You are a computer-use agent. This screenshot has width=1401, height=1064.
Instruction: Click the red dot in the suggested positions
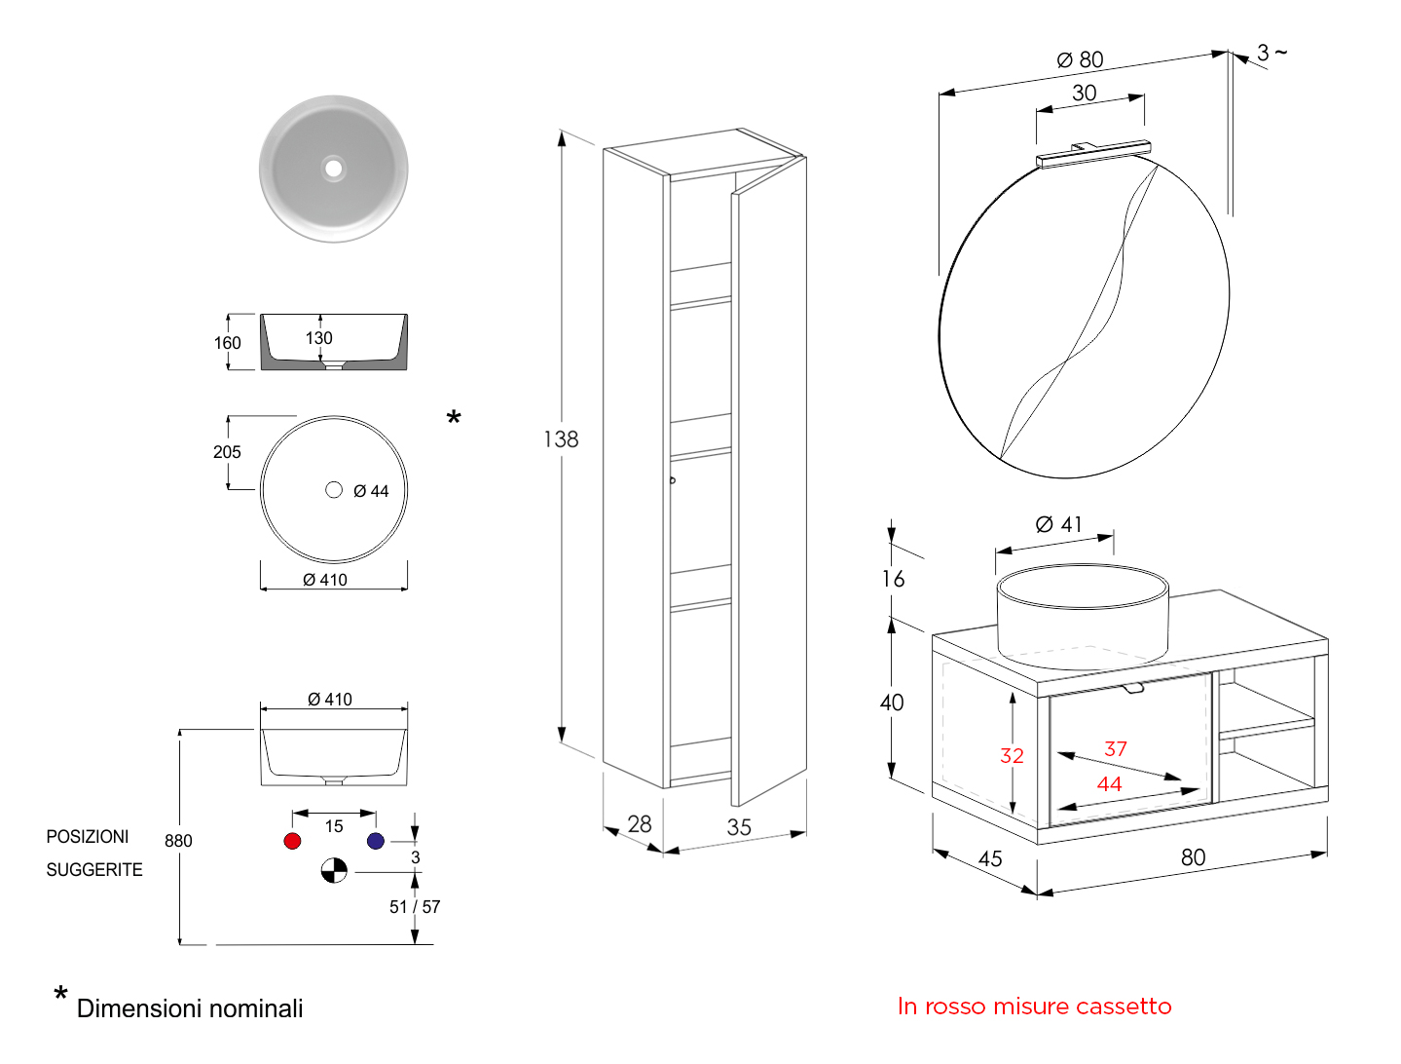coord(292,841)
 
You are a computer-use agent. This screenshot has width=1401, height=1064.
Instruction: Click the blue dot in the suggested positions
coord(376,841)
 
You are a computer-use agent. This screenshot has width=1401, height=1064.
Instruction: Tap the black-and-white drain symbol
coord(334,870)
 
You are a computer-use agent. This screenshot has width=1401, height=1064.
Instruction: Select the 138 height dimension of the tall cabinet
coord(561,439)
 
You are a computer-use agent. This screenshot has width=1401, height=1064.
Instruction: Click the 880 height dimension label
coord(178,841)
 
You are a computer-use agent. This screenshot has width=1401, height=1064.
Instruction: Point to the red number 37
coord(1116,748)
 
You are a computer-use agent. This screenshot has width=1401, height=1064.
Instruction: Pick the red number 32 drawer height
coord(1012,755)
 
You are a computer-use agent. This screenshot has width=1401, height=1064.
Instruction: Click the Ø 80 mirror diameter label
coord(1081,60)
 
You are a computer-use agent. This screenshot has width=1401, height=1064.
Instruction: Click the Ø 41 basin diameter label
coord(1059,524)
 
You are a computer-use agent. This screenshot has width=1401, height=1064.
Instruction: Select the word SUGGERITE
coord(94,870)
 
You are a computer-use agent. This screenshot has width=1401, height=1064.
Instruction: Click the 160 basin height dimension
coord(227,343)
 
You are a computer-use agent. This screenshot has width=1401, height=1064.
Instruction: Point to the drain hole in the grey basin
coord(334,169)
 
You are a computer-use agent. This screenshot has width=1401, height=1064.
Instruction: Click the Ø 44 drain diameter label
coord(371,491)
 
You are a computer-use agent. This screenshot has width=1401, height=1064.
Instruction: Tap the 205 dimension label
coord(227,452)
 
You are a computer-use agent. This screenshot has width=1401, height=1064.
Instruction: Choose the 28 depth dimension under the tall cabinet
coord(640,824)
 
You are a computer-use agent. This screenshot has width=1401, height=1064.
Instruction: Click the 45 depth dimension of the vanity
coord(990,858)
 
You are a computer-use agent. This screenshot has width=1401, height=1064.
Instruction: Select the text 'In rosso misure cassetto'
coord(1034,1007)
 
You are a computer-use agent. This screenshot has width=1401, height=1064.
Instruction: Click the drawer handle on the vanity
coord(1133,689)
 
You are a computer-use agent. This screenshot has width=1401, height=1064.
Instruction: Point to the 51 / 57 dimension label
coord(415,907)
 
